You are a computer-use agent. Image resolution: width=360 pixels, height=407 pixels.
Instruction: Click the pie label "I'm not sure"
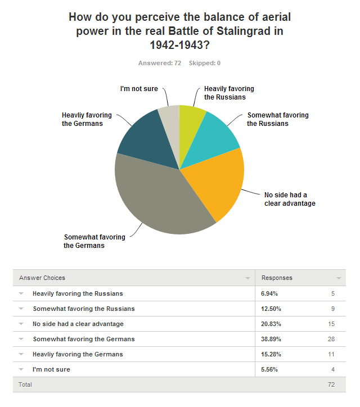pos(139,89)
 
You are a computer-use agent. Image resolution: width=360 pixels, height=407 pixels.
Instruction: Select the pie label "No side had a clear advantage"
pos(290,199)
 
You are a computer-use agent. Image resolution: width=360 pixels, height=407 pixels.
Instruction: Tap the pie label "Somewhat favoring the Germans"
pos(94,241)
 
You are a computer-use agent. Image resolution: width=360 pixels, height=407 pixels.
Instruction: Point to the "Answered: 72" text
pos(160,63)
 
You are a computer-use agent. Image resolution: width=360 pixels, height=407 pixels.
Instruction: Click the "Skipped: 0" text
pos(205,63)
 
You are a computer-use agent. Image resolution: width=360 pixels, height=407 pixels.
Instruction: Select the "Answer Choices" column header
pos(42,278)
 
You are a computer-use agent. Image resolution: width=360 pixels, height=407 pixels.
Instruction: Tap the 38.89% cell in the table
pos(270,339)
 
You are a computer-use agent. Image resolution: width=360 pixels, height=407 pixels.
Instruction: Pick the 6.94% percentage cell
pos(268,293)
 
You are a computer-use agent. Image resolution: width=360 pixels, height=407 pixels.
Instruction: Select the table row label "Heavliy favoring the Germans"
pos(78,354)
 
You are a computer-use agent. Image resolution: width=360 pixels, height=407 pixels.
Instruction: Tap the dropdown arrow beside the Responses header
pos(339,278)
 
